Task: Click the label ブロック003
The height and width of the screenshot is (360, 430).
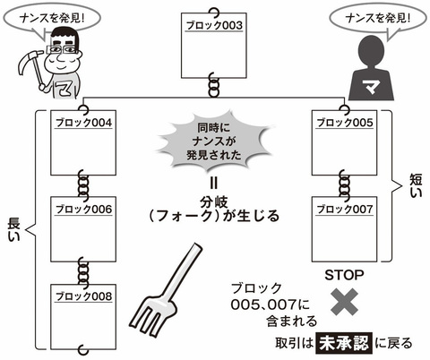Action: [x=214, y=25]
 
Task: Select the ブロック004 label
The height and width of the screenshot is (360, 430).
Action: [x=83, y=123]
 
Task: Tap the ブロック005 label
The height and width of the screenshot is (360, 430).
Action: [x=345, y=123]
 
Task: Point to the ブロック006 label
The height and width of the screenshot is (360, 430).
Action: [x=83, y=210]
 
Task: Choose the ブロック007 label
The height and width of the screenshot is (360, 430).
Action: [x=345, y=209]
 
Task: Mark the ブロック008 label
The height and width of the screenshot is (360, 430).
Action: [x=83, y=296]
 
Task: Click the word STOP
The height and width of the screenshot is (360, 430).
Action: [x=344, y=275]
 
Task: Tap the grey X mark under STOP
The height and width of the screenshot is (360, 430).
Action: [x=344, y=302]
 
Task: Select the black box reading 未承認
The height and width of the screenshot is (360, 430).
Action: [x=344, y=343]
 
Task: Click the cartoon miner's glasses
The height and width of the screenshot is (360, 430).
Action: [x=62, y=49]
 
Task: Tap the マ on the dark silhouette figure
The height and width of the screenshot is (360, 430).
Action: [x=371, y=86]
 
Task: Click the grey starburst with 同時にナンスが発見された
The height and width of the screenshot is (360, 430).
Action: [x=214, y=141]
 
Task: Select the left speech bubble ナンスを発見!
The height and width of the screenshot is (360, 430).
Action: [x=52, y=18]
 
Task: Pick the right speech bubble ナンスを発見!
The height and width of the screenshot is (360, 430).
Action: [x=378, y=19]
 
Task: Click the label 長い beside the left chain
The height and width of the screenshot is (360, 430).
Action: [x=13, y=229]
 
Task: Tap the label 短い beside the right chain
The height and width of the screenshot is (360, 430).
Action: [x=416, y=185]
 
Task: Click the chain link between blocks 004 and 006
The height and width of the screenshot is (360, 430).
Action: [x=83, y=184]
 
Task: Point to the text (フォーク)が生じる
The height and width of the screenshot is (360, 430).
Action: [x=214, y=216]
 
